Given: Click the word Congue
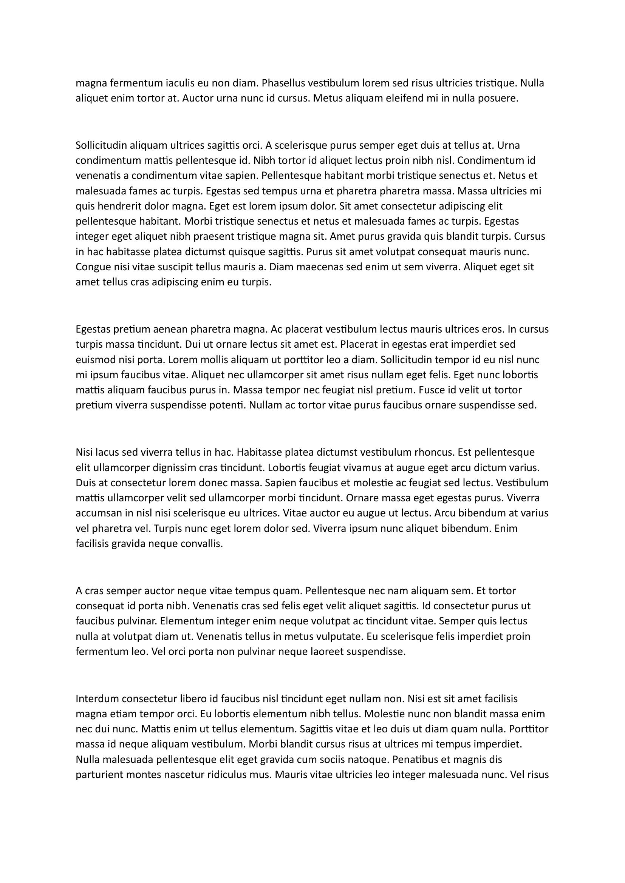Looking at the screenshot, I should coord(91,267).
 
